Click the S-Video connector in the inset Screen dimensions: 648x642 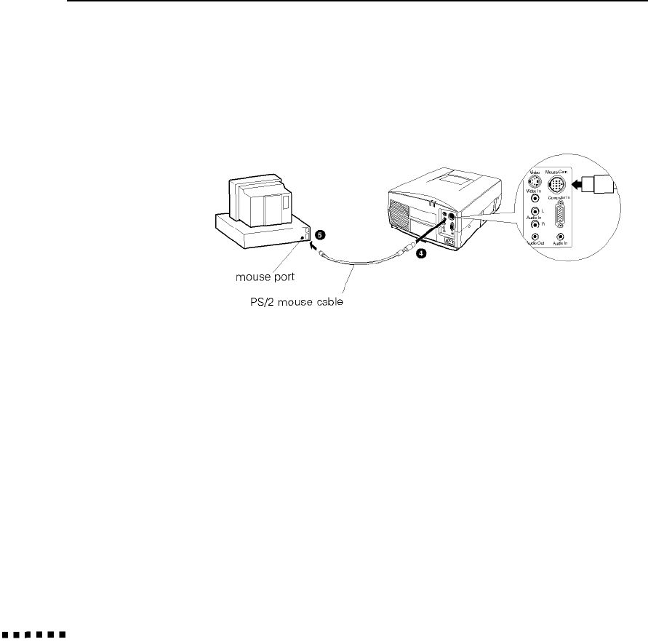click(x=535, y=184)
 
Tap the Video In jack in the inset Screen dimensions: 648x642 click(x=535, y=198)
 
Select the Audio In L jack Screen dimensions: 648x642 click(x=535, y=212)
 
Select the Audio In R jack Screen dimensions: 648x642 click(x=535, y=224)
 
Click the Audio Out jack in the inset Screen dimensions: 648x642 click(x=535, y=237)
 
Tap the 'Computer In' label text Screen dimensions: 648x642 click(x=559, y=198)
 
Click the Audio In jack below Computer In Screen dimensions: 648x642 click(x=560, y=237)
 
